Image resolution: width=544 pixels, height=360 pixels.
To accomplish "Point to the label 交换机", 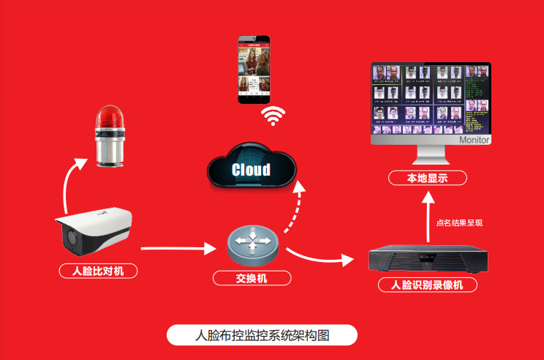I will pos(252,278).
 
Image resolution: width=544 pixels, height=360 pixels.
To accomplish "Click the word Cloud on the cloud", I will pos(251,170).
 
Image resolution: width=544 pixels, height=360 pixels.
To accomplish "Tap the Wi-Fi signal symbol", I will pos(273,116).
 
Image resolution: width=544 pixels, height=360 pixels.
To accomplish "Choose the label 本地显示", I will pos(427,178).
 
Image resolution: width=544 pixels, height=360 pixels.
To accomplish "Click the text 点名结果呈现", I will pos(459,223).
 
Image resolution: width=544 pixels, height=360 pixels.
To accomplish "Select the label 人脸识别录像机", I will pos(427,285).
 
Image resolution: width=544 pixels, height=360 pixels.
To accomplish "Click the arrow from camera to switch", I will pos(179,250).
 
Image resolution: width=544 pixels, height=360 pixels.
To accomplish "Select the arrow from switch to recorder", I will pos(319,258).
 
